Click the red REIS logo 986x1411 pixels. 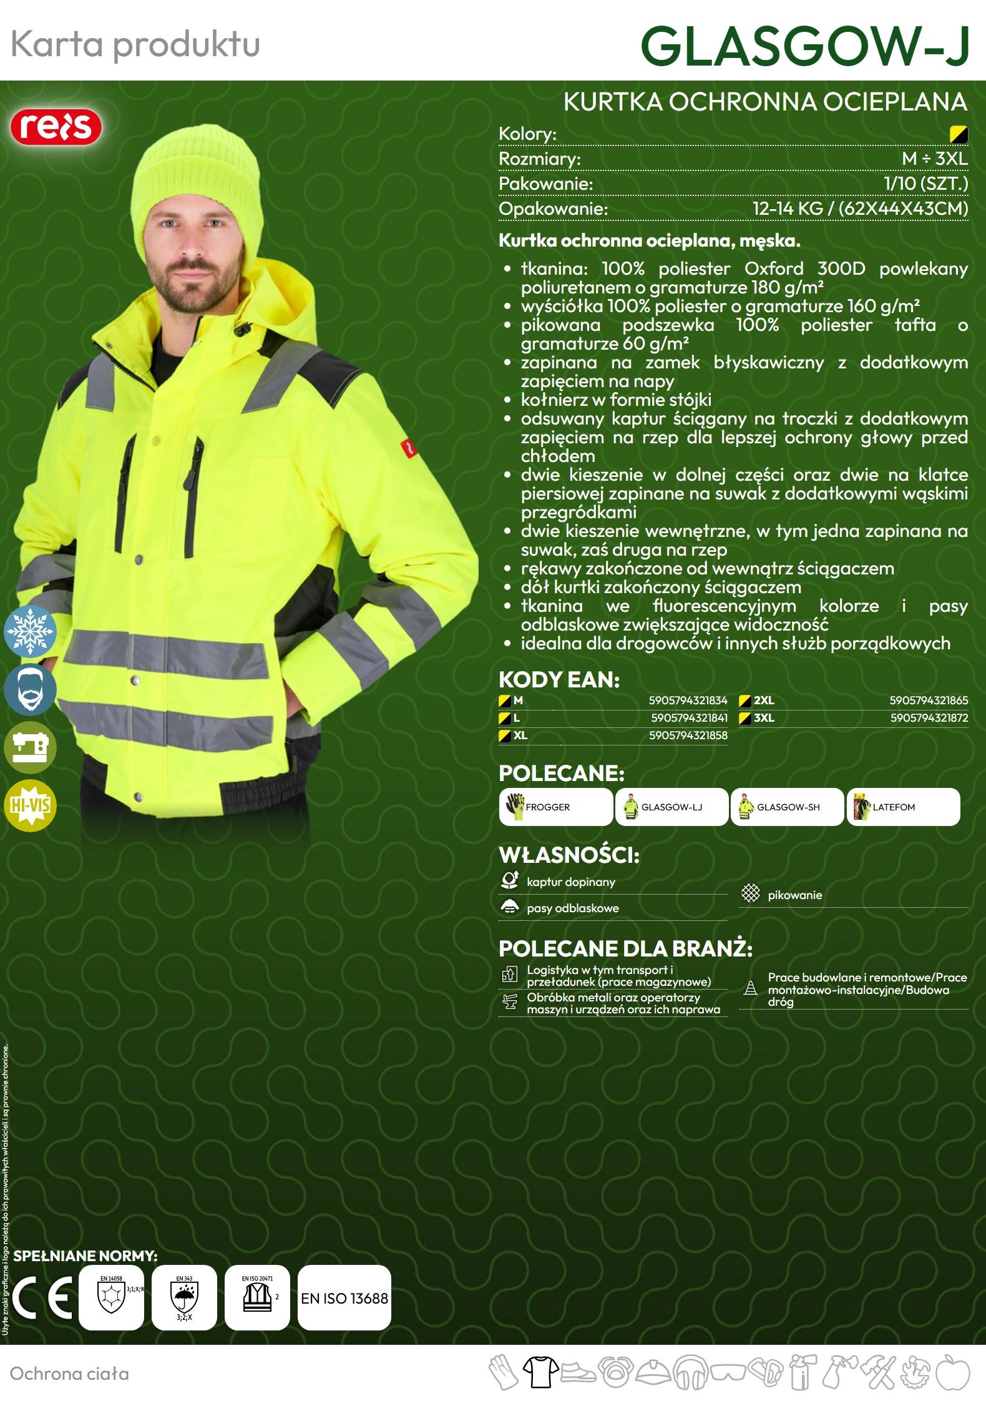pos(56,127)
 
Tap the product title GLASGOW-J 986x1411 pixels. pos(804,46)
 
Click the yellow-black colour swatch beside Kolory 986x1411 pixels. pos(958,134)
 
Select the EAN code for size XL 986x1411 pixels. pos(688,735)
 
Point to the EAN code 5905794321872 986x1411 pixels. pos(929,718)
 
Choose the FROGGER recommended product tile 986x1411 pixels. pos(555,807)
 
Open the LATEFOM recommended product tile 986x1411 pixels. pos(902,807)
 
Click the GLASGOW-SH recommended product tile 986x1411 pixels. pos(787,807)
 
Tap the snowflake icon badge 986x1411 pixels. pos(30,631)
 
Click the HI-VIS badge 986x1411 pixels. pos(30,805)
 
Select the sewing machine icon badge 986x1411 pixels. pos(30,747)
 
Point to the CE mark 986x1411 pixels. pos(42,1299)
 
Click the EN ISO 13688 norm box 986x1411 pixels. pos(344,1299)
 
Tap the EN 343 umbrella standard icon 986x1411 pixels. pos(184,1297)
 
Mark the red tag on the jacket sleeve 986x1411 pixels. pos(408,447)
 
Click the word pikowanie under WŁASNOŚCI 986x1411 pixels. pos(794,895)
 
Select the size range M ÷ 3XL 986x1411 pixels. pos(934,159)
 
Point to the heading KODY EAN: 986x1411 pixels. pos(559,679)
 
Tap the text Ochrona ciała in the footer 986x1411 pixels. pos(69,1374)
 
